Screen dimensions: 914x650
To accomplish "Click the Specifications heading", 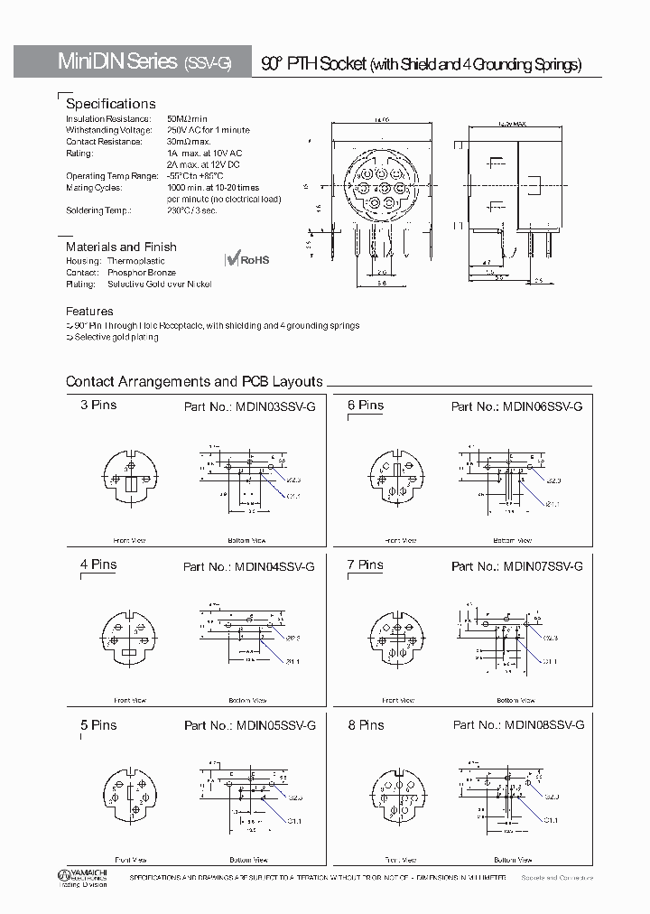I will (x=111, y=104).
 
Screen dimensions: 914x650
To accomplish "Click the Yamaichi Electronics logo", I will (x=82, y=878).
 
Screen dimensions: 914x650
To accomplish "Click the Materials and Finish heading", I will (x=121, y=247).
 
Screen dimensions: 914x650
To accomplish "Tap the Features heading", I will (x=89, y=311).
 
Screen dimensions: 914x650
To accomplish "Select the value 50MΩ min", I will (x=188, y=119).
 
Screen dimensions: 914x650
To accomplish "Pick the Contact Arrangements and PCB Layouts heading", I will (x=194, y=382).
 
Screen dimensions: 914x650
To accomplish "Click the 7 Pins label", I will (x=366, y=565).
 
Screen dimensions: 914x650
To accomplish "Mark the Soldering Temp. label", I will (x=98, y=210).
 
